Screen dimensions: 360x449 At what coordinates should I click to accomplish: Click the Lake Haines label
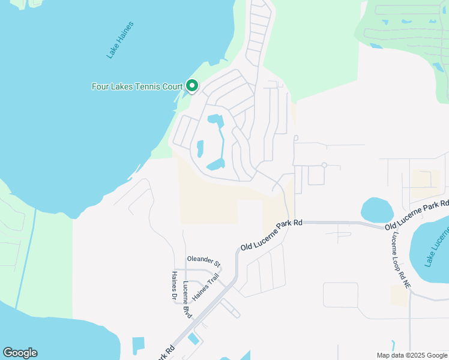pyautogui.click(x=120, y=40)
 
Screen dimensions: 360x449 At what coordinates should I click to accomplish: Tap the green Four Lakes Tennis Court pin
pyautogui.click(x=192, y=86)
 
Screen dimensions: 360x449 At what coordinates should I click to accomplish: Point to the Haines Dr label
pyautogui.click(x=174, y=285)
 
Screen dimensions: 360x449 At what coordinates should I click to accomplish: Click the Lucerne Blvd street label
pyautogui.click(x=187, y=300)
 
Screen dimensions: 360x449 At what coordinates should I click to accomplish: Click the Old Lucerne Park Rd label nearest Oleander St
pyautogui.click(x=270, y=235)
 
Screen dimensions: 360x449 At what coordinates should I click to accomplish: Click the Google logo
pyautogui.click(x=20, y=353)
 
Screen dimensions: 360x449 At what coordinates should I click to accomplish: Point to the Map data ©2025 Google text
pyautogui.click(x=412, y=355)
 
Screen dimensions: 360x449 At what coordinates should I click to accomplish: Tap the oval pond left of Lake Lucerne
pyautogui.click(x=377, y=210)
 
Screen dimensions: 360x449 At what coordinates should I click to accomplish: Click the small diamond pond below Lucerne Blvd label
pyautogui.click(x=194, y=338)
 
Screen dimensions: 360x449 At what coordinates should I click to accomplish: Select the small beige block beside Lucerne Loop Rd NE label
pyautogui.click(x=398, y=295)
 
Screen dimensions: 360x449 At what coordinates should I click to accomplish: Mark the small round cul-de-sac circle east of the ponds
pyautogui.click(x=324, y=165)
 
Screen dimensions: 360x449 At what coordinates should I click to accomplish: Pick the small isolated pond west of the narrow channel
pyautogui.click(x=200, y=147)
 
